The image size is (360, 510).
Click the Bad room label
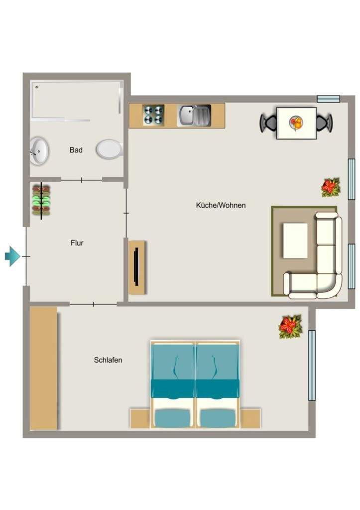coord(76,150)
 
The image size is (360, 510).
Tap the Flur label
coord(77,243)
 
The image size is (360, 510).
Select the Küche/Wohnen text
coord(221,205)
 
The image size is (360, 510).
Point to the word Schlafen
coord(108,360)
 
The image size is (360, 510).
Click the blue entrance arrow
coord(12,256)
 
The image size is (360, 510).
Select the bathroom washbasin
coord(39,151)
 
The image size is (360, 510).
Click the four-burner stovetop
coord(153,115)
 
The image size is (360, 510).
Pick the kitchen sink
coord(194,116)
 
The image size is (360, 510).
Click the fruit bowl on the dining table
coord(296,123)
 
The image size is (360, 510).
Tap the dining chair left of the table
coord(268,123)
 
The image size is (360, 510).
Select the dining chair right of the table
coord(325,123)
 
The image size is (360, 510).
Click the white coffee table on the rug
coord(295,241)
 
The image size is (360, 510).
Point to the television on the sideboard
coord(136,267)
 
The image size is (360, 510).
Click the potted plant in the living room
coord(331,187)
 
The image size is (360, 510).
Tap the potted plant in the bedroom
coord(290,326)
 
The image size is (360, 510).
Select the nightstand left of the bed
coord(140,418)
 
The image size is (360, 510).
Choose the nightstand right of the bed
coord(250,418)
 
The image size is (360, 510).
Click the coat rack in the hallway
coord(41,200)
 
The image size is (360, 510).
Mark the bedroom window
coord(312,365)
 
